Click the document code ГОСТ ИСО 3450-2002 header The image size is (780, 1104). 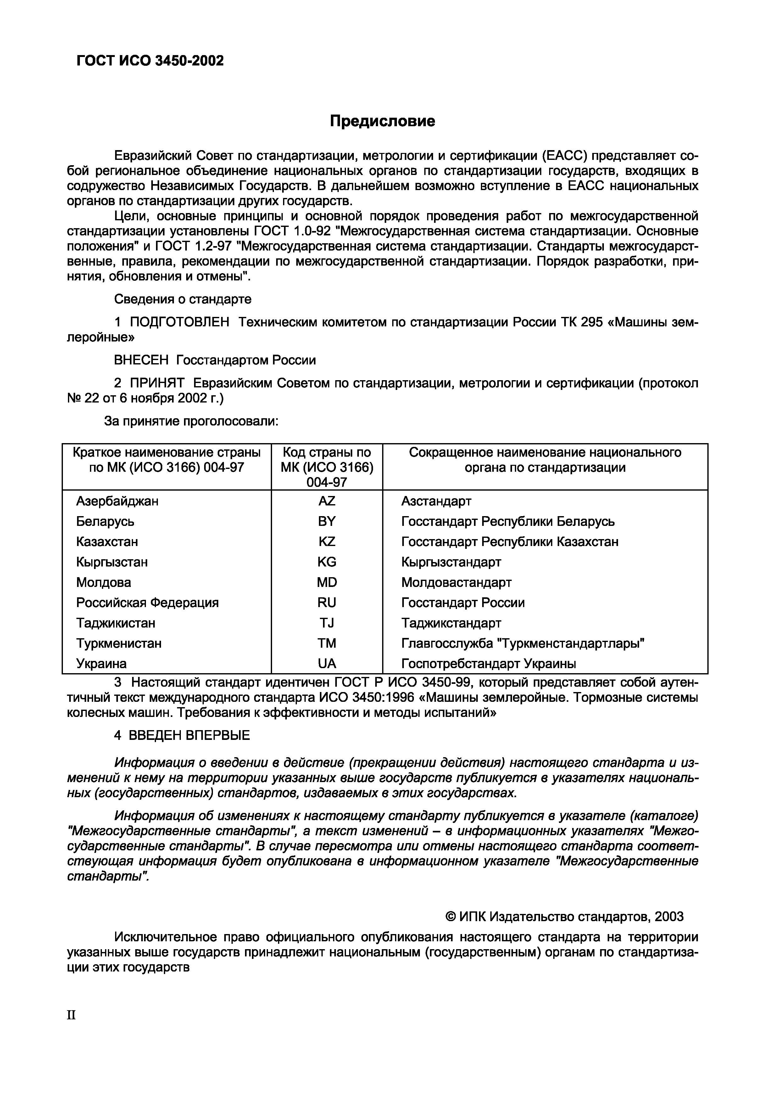150,61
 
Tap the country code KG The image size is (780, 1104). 327,562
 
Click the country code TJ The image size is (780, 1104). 327,623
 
